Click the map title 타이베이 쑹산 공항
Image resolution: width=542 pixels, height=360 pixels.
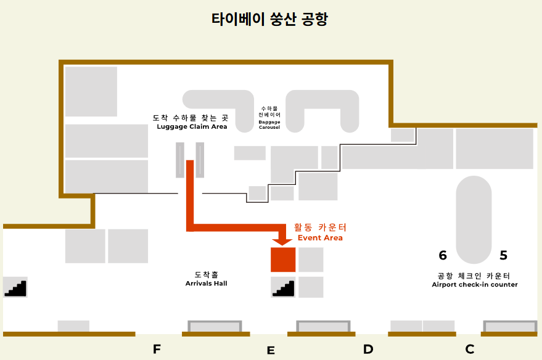tap(269, 20)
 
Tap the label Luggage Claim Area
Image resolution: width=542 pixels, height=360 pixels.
tap(192, 127)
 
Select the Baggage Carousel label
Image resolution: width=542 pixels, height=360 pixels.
tap(269, 125)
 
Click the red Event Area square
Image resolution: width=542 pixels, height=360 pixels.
tap(283, 260)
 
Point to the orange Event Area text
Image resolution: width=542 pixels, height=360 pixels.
tap(320, 238)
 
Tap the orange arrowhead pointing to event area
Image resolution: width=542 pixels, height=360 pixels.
tap(283, 240)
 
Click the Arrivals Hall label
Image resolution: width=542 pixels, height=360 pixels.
tap(207, 284)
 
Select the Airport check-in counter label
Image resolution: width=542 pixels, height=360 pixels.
tap(475, 285)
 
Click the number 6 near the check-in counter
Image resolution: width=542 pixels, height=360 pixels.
tap(443, 255)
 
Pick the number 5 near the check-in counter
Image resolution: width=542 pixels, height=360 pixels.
tap(504, 255)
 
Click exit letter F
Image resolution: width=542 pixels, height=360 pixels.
tap(157, 350)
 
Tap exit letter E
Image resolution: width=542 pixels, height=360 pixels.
tap(271, 351)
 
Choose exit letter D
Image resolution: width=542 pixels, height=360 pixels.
tap(368, 350)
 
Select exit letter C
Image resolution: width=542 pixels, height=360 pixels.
tap(470, 350)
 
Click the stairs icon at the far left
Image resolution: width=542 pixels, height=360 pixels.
tap(15, 288)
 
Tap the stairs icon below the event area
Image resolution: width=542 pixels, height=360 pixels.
tap(283, 288)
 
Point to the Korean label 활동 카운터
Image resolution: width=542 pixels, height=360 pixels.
tap(320, 227)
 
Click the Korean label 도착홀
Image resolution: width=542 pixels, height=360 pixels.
tap(207, 274)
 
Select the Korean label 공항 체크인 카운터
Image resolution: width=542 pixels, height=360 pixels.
tap(474, 276)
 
